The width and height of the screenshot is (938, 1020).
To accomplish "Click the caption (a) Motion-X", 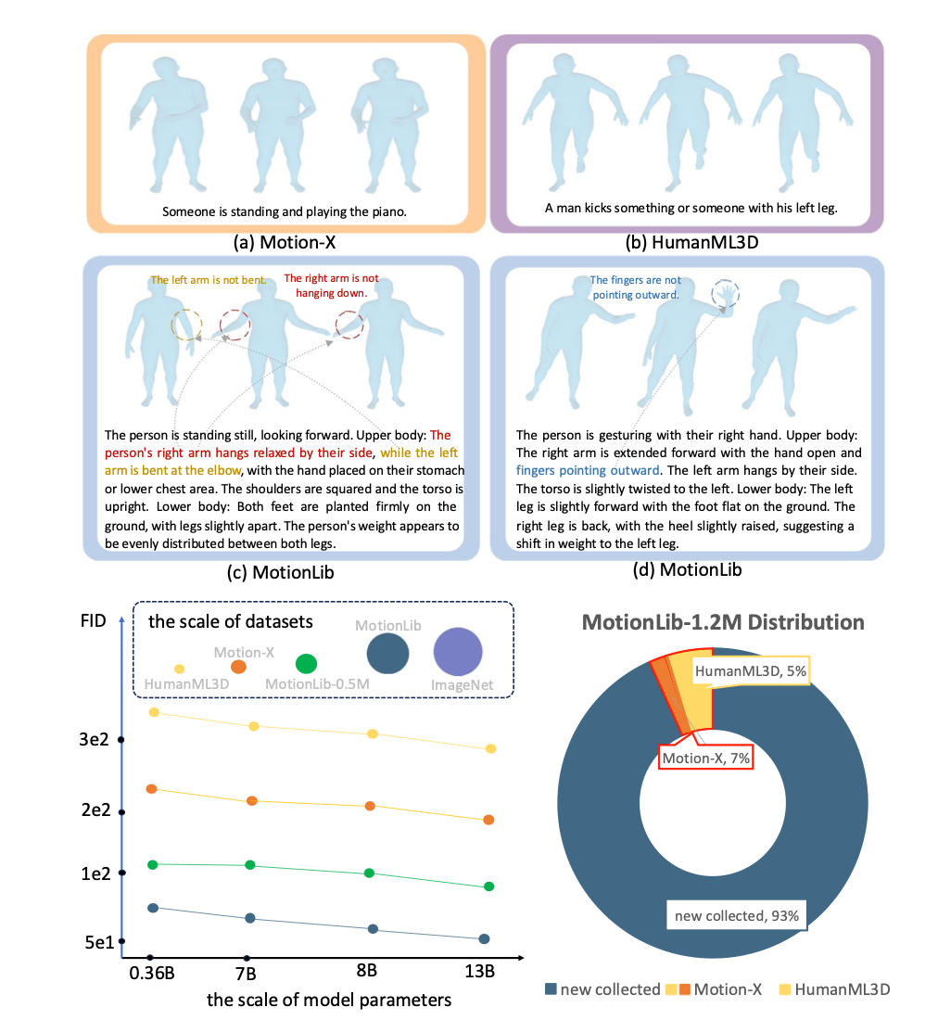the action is pos(285,243).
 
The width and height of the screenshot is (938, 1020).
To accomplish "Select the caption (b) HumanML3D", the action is pos(691,243).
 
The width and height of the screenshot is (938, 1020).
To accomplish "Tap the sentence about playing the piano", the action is pos(284,211).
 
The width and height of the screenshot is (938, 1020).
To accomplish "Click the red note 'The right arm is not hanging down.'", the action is pos(332,286).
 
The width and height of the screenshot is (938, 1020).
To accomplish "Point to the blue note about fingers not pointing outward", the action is pos(635,287).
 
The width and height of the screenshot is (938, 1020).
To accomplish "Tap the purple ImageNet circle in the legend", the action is pos(458,652).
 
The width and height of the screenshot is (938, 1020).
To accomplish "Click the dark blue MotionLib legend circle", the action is pos(387,653).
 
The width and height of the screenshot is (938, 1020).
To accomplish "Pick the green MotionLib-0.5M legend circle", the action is pos(306,664).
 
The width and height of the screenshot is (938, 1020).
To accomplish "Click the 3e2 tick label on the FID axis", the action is pos(94,739).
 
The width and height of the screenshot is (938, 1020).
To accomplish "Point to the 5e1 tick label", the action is pos(99,942).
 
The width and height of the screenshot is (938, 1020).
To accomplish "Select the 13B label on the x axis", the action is pos(480,971).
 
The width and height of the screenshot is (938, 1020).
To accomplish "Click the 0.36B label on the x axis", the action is pos(151,973).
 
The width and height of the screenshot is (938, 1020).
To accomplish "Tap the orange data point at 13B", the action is pos(488,820).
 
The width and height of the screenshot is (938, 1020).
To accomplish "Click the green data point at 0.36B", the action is pos(153,864).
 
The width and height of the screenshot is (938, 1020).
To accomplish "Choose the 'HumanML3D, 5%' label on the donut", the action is pos(750,671).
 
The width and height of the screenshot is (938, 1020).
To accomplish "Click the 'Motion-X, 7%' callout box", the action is pos(706,758).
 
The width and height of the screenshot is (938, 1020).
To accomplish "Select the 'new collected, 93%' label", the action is pos(736,916).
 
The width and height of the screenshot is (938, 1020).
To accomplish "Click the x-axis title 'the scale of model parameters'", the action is pos(329,1000).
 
